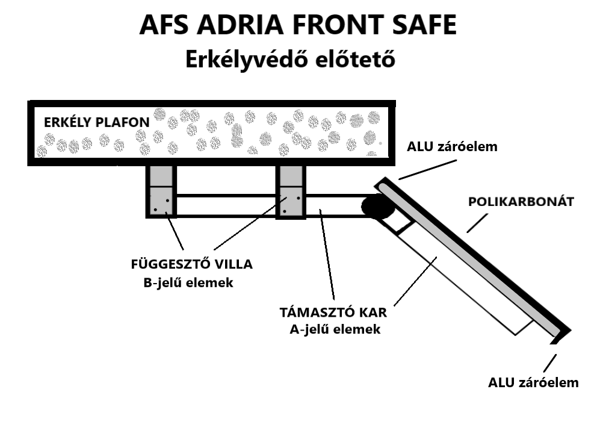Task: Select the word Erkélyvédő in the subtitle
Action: [x=249, y=60]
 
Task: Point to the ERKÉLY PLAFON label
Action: [x=96, y=122]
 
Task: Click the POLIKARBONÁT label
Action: [x=521, y=202]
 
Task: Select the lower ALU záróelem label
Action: [x=533, y=382]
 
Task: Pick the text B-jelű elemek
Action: [x=188, y=282]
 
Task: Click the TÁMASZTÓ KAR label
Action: [x=333, y=313]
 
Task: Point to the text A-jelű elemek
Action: [x=335, y=329]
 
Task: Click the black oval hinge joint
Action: [x=377, y=208]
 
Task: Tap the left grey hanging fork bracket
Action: [x=161, y=191]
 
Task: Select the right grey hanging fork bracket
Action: [x=291, y=191]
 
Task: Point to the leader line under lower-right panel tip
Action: [x=549, y=363]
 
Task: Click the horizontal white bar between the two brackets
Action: [x=226, y=205]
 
